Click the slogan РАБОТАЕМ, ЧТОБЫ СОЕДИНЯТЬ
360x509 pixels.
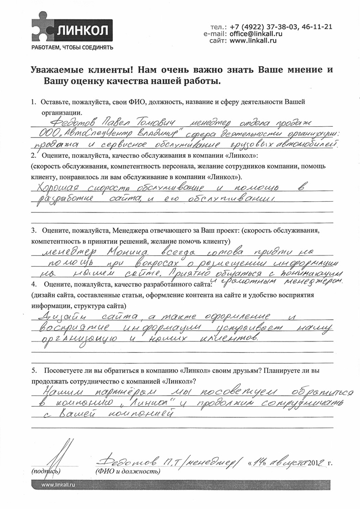click(71, 48)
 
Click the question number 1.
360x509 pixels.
click(33, 102)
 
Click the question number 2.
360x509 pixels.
click(33, 155)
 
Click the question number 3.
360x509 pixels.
click(33, 230)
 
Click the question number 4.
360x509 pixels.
click(33, 283)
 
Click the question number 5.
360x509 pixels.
click(33, 371)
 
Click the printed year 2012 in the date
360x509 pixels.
click(315, 463)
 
